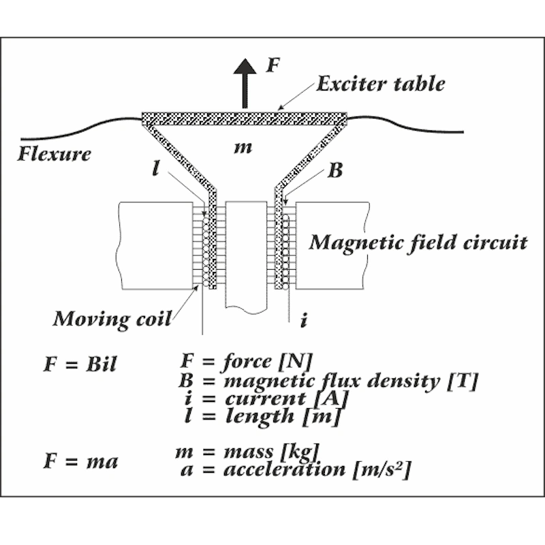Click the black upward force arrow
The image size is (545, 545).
243,79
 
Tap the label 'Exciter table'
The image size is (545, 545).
381,84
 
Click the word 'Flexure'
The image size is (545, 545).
54,153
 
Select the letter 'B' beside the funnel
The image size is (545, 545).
335,170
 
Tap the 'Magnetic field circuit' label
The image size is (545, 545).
418,242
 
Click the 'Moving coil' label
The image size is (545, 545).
112,318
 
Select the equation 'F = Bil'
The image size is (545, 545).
80,364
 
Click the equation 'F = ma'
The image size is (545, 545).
80,461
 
